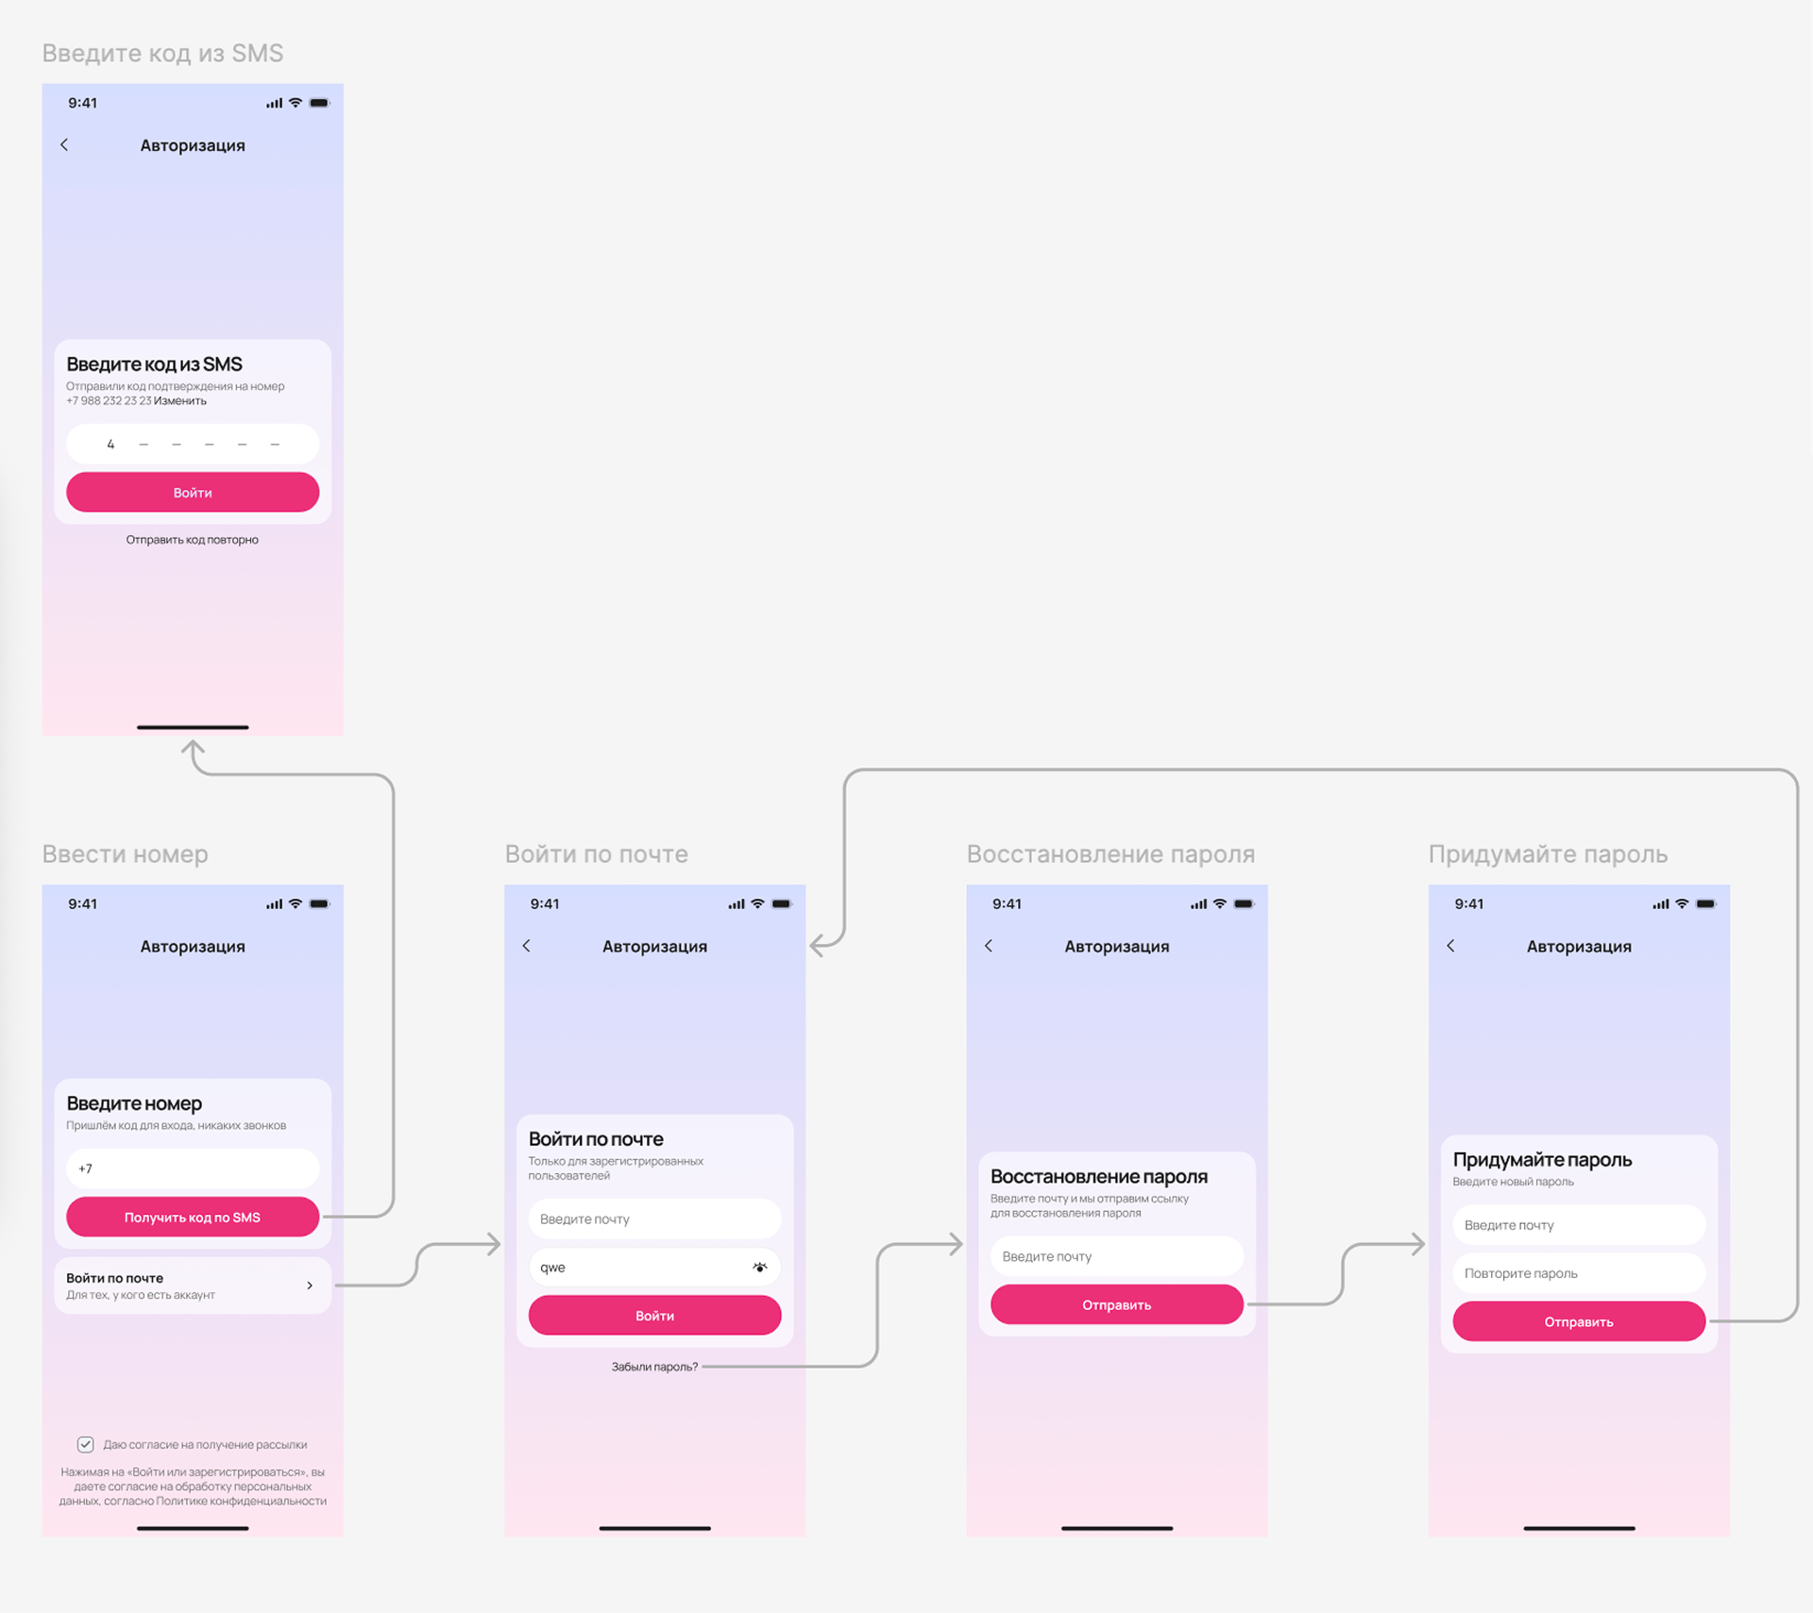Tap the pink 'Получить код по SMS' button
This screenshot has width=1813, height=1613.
click(x=192, y=1217)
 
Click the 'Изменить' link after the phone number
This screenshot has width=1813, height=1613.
click(x=180, y=401)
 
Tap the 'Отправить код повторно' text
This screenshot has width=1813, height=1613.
click(x=192, y=540)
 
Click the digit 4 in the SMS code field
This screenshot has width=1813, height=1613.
click(x=110, y=444)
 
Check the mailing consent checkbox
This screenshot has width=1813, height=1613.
click(x=85, y=1444)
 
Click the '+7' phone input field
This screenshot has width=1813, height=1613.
click(x=192, y=1168)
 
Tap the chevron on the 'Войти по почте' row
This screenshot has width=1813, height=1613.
click(x=310, y=1285)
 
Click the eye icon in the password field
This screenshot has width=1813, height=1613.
click(x=759, y=1268)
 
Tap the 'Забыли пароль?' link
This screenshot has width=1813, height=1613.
click(x=654, y=1367)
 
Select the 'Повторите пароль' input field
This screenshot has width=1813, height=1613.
click(x=1578, y=1273)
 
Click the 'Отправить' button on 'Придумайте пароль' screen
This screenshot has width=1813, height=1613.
click(x=1578, y=1321)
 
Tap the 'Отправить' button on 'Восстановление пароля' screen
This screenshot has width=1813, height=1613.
click(x=1116, y=1304)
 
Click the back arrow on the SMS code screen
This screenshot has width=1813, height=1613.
click(x=64, y=144)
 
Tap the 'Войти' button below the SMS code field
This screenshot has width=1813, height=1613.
click(x=192, y=493)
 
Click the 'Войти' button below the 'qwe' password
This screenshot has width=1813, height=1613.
click(x=654, y=1315)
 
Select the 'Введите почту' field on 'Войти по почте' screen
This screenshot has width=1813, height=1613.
click(x=654, y=1218)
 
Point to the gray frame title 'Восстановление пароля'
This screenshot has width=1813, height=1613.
click(x=1110, y=854)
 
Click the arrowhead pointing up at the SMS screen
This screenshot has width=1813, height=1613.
click(x=193, y=748)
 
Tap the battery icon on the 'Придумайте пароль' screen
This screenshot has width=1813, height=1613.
click(x=1705, y=904)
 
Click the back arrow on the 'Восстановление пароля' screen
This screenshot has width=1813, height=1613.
click(x=989, y=946)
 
